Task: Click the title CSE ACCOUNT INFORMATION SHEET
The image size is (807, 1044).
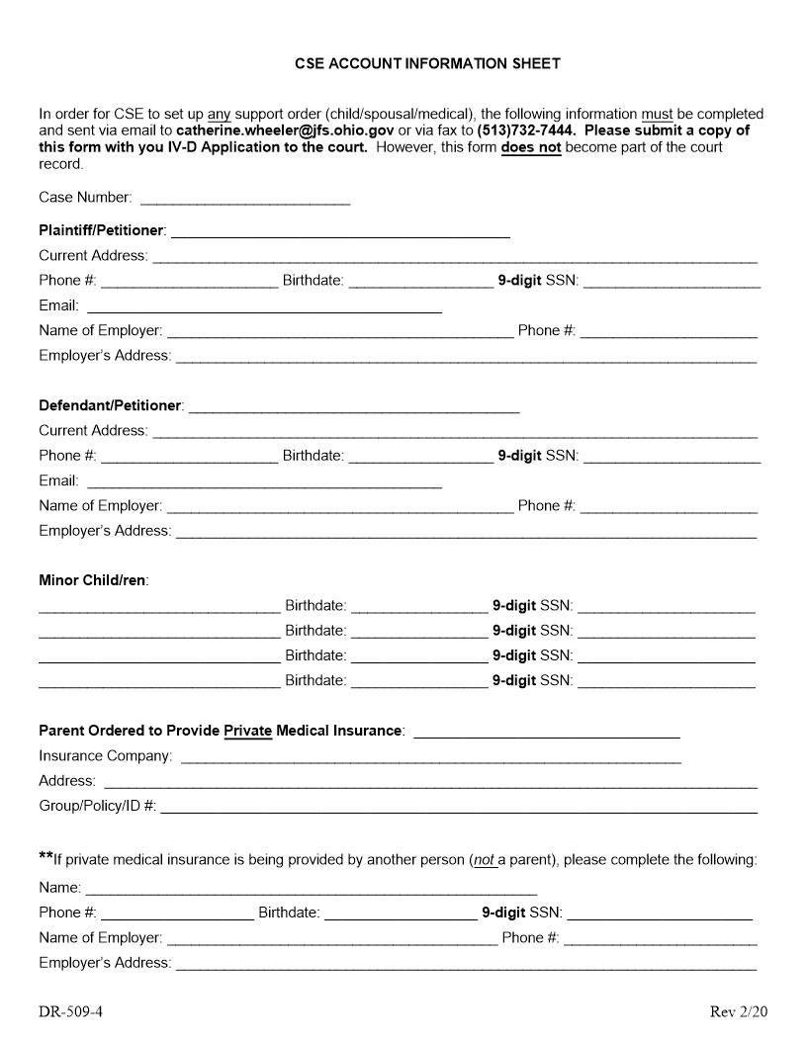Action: click(x=427, y=63)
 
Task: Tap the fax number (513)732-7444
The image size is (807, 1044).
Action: click(x=525, y=130)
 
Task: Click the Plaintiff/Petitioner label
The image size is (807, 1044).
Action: click(x=101, y=230)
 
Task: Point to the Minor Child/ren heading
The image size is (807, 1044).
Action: click(x=93, y=580)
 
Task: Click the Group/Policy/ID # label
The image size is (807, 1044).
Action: click(x=97, y=806)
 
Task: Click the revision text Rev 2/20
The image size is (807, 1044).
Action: click(x=738, y=1011)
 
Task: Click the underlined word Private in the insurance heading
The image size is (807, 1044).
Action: click(x=247, y=731)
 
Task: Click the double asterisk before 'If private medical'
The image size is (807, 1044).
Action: click(x=45, y=857)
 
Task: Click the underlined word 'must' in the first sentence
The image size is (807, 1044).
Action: click(x=657, y=115)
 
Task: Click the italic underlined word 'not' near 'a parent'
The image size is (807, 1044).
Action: click(x=484, y=860)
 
